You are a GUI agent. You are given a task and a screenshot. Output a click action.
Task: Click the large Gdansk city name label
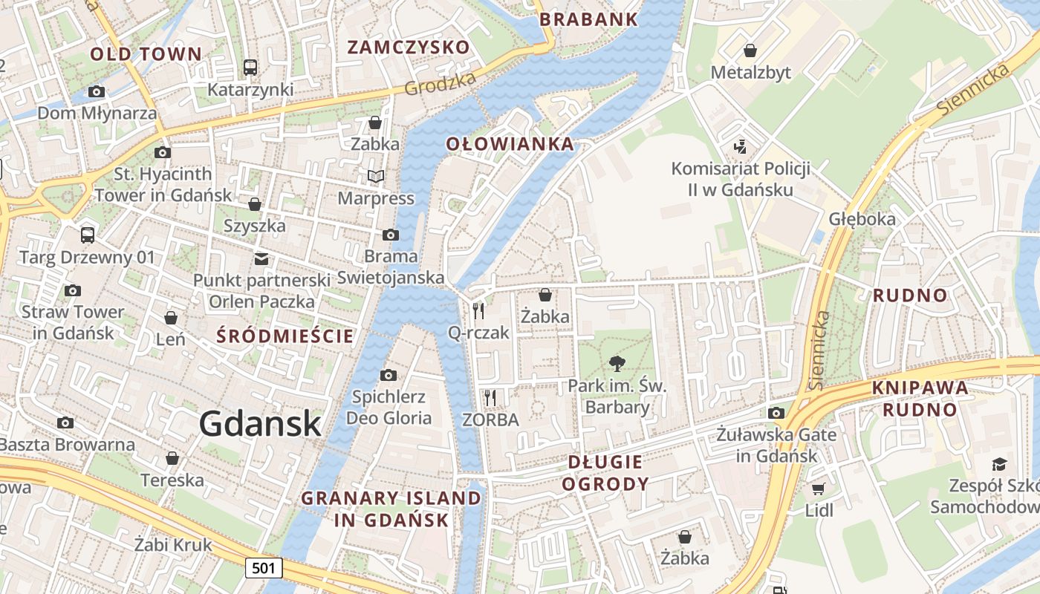pos(260,424)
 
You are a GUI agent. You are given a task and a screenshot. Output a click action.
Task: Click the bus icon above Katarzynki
pos(250,68)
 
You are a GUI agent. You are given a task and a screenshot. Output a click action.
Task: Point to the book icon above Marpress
pos(376,177)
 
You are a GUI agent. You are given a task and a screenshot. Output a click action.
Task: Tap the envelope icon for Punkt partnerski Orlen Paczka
pos(261,259)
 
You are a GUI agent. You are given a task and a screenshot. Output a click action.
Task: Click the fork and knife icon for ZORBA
pos(490,398)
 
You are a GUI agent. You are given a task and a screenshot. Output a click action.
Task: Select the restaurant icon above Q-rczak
pos(478,311)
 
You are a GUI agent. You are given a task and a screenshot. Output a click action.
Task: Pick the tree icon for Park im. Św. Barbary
pos(617,364)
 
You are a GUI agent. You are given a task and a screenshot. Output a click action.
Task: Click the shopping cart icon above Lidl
pos(819,489)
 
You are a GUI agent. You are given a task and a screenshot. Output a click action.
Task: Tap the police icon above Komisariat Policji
pos(740,146)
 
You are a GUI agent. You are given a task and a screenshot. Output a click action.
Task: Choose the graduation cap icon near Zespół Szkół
pos(999,464)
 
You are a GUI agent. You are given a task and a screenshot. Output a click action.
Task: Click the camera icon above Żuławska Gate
pos(776,413)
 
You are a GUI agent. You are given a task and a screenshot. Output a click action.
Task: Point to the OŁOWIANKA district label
pos(510,144)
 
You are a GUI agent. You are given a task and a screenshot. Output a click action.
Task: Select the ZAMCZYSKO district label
pos(409,48)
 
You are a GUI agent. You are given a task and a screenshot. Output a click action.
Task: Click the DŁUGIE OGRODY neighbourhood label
pos(605,473)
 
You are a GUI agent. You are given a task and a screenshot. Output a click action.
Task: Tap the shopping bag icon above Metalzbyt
pos(750,50)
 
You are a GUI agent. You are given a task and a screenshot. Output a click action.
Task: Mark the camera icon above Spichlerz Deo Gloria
pos(388,375)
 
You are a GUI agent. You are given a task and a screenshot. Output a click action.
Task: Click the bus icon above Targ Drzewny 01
pos(88,235)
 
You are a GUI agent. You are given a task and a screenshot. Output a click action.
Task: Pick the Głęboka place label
pos(862,219)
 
